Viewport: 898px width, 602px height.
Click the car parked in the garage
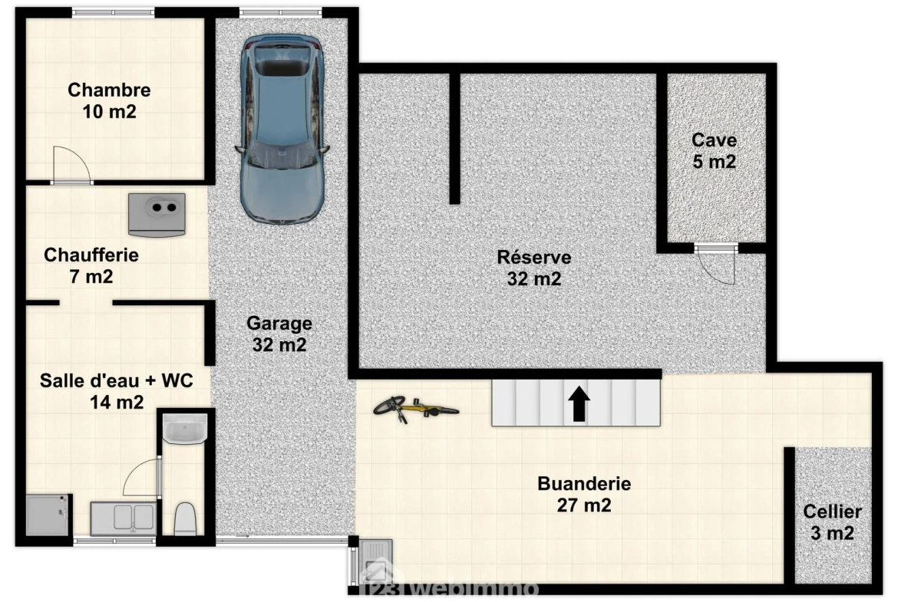282,129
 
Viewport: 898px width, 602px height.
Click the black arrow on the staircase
579,404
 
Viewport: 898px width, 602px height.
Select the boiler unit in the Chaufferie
157,215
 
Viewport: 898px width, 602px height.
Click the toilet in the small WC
185,518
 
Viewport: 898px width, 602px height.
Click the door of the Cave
715,265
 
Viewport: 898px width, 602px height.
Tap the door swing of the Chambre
71,165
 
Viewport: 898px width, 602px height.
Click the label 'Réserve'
533,257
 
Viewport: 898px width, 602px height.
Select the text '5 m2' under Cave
714,162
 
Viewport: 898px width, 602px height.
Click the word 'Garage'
279,324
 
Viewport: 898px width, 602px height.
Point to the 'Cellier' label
832,512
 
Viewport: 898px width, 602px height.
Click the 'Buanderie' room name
584,484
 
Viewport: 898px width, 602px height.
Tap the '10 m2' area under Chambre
110,112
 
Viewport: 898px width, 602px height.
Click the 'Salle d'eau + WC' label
116,380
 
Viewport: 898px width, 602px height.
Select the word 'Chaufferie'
91,255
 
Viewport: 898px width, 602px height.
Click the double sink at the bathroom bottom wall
123,518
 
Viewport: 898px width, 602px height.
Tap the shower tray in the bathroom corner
48,515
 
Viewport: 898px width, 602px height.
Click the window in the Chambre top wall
114,12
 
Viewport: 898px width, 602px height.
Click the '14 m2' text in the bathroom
117,403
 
